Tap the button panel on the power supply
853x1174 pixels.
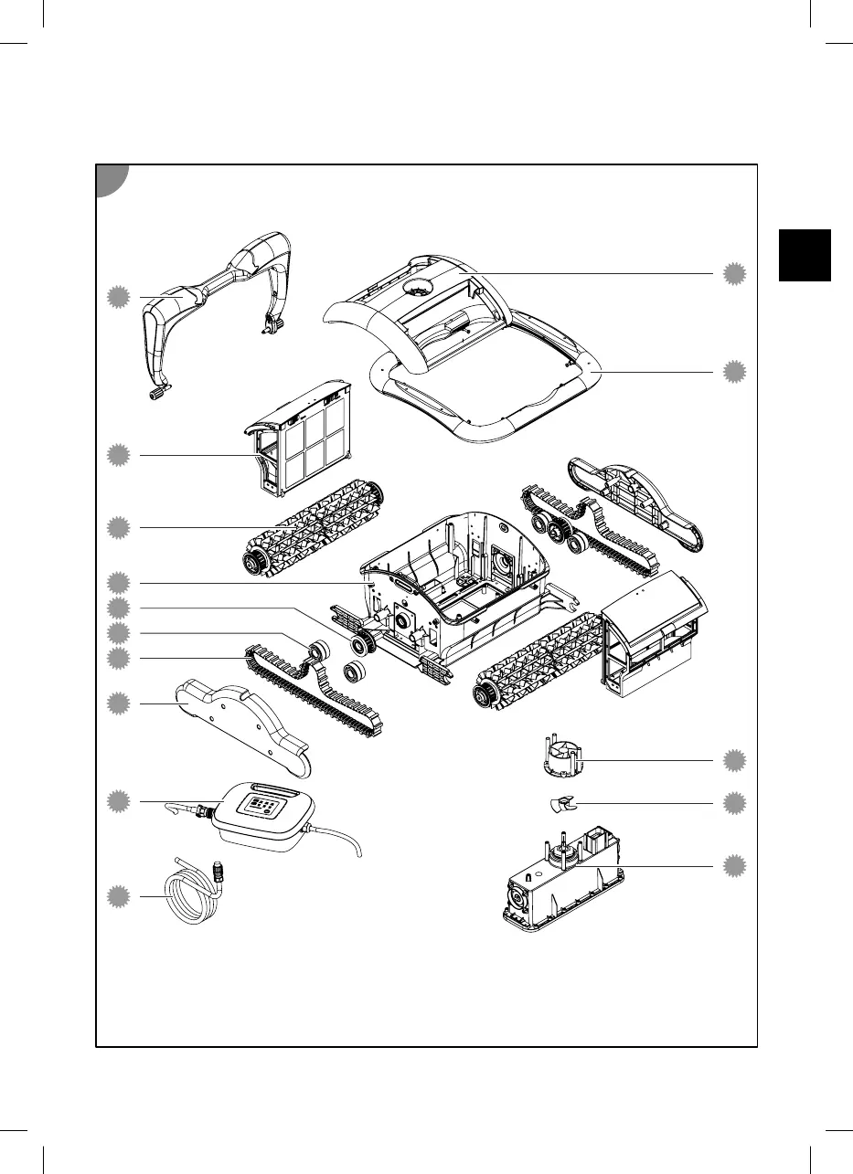pyautogui.click(x=262, y=807)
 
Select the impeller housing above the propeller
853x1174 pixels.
pyautogui.click(x=560, y=757)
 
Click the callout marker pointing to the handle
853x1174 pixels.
pyautogui.click(x=117, y=296)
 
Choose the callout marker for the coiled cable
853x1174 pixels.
pyautogui.click(x=117, y=896)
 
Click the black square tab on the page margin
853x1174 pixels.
pyautogui.click(x=805, y=255)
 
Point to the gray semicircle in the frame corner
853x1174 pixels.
pyautogui.click(x=112, y=180)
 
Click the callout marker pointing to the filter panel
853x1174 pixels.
pyautogui.click(x=117, y=455)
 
